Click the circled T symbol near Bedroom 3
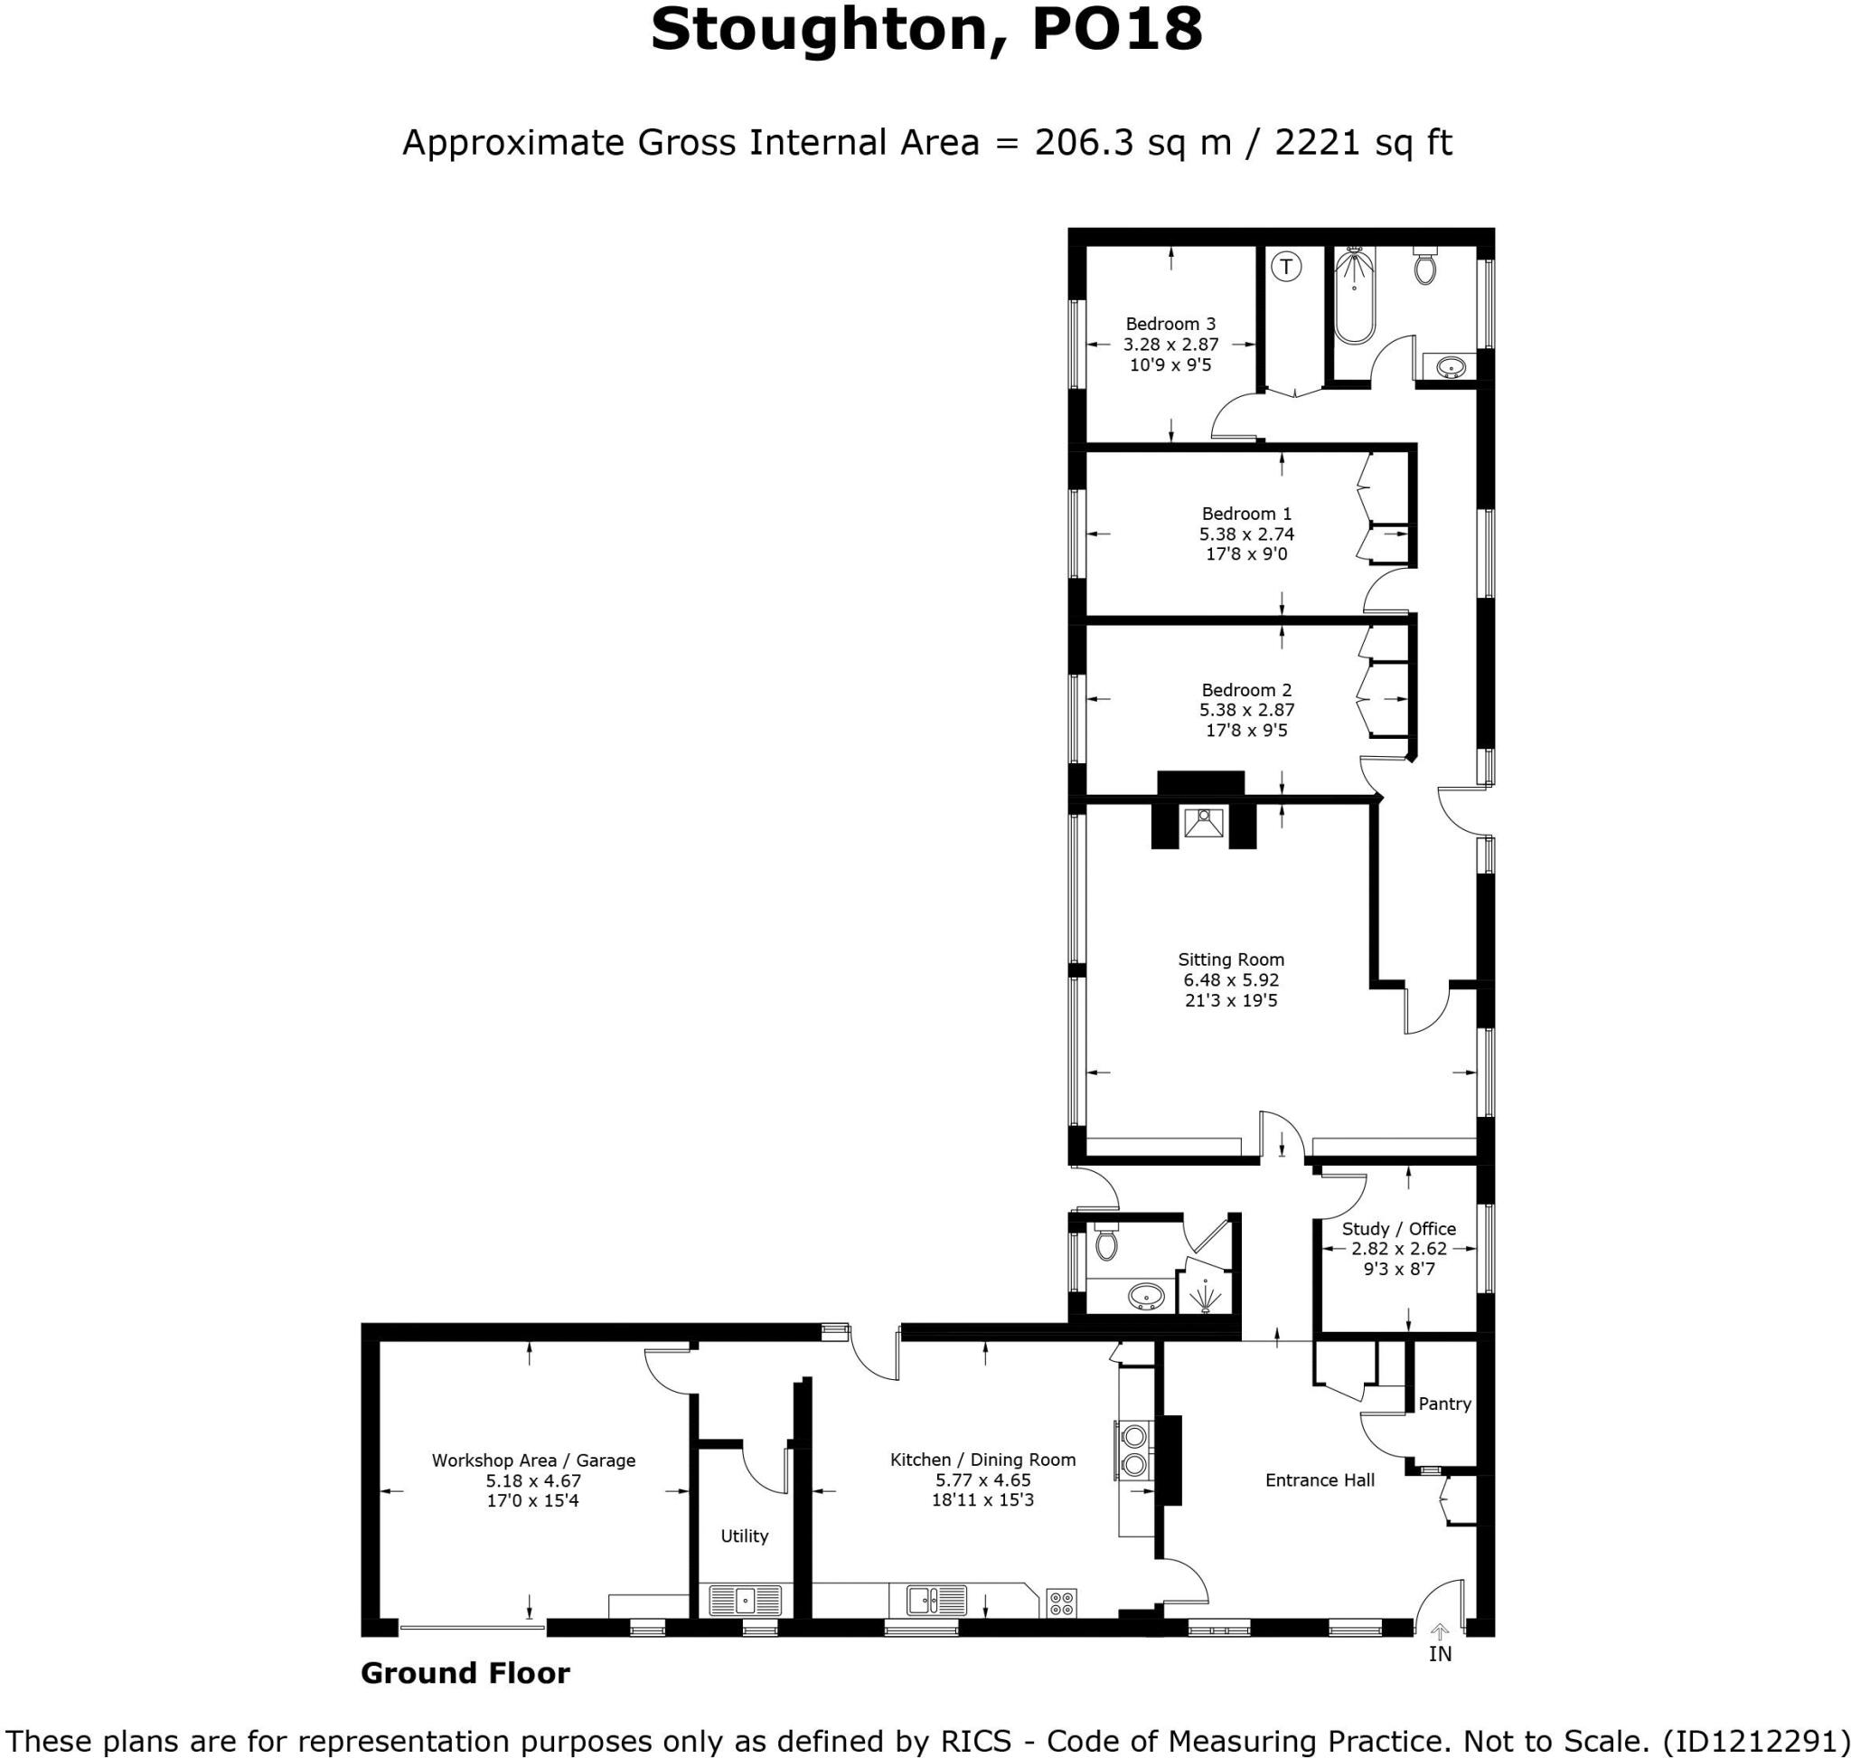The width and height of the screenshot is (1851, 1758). (1286, 267)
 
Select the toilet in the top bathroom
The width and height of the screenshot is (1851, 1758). (1424, 267)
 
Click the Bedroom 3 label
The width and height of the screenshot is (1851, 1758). (1170, 325)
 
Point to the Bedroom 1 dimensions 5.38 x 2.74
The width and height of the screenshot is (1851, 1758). (1245, 534)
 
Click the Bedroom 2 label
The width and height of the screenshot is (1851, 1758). (1245, 690)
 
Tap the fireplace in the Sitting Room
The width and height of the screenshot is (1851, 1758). (1203, 824)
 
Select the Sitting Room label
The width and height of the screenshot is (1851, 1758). (1230, 959)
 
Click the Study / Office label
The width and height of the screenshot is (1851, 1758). (1397, 1229)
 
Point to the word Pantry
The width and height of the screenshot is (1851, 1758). (1443, 1404)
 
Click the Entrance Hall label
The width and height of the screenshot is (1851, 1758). (1319, 1480)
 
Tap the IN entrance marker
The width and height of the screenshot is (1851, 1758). (1440, 1654)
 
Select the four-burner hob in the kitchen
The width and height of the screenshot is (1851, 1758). (1061, 1602)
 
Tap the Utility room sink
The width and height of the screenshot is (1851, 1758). (745, 1601)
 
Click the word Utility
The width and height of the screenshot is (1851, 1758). (744, 1536)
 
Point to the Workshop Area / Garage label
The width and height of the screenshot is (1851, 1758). (533, 1460)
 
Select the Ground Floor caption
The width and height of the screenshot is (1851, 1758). (465, 1673)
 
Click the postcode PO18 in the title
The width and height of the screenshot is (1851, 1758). (1116, 30)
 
